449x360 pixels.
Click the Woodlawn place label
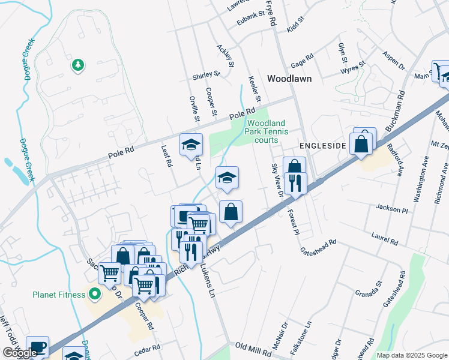[x=291, y=79]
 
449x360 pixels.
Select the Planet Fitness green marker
[x=94, y=294]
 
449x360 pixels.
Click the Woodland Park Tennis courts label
[x=267, y=131]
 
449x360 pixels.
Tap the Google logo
[x=19, y=353]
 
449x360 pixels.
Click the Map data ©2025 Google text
[x=411, y=355]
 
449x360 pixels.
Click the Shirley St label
[x=206, y=76]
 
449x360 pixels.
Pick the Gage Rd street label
[x=302, y=61]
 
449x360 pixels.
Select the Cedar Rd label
[x=148, y=348]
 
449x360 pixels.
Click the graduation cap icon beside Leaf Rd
[x=191, y=145]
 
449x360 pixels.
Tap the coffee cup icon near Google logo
[x=37, y=346]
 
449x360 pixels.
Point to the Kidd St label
[x=296, y=24]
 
